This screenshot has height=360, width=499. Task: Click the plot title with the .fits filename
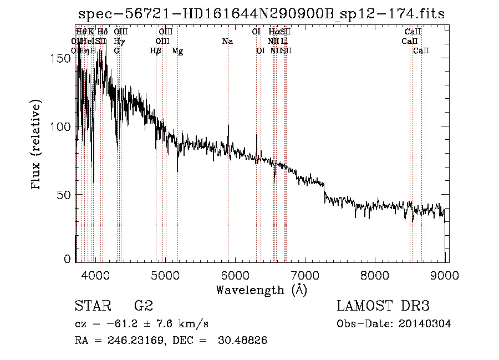tap(261, 14)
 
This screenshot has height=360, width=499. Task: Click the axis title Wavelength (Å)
tap(261, 290)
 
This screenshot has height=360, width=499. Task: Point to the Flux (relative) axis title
tap(37, 145)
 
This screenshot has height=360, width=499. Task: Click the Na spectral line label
tap(227, 41)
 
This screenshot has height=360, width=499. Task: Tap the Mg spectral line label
tap(177, 51)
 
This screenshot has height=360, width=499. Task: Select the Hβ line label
tap(156, 51)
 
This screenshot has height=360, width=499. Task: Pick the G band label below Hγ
tap(116, 51)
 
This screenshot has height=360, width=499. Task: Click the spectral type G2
tap(143, 306)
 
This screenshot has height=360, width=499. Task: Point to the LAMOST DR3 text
tap(383, 306)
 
